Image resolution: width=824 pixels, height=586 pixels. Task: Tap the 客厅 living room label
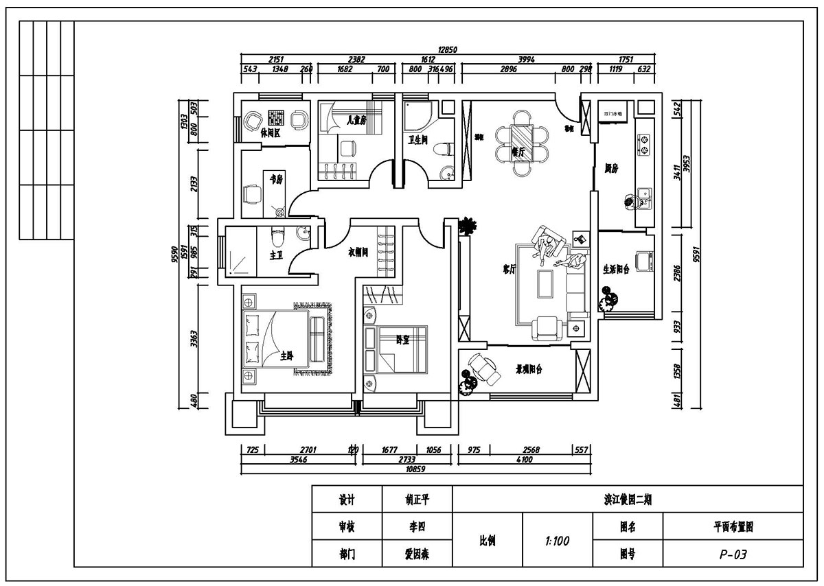pyautogui.click(x=509, y=270)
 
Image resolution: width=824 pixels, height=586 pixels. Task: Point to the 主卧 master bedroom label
pyautogui.click(x=287, y=356)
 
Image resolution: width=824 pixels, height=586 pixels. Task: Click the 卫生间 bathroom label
pyautogui.click(x=418, y=140)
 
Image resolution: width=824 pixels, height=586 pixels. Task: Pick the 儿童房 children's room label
pyautogui.click(x=356, y=119)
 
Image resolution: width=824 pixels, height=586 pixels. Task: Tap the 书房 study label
pyautogui.click(x=276, y=179)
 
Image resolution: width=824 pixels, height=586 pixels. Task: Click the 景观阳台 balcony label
pyautogui.click(x=529, y=369)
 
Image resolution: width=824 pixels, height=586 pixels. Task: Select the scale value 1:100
pyautogui.click(x=557, y=541)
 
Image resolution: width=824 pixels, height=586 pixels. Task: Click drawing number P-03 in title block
pyautogui.click(x=733, y=554)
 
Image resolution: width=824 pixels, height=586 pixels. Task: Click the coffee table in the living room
pyautogui.click(x=547, y=282)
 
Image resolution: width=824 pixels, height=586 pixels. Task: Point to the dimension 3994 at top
pyautogui.click(x=526, y=60)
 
